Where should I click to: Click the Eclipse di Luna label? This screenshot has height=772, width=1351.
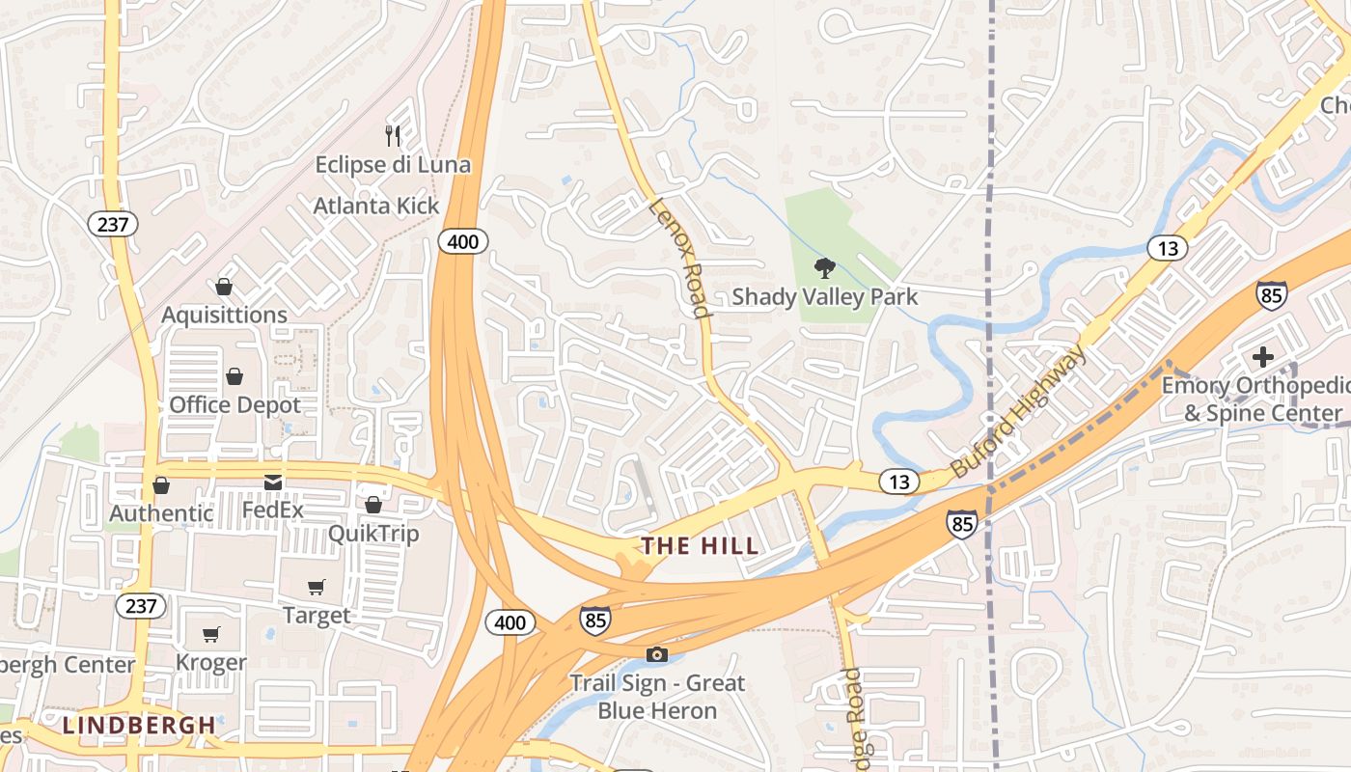[393, 164]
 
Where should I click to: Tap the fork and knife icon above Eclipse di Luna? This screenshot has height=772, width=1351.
[393, 135]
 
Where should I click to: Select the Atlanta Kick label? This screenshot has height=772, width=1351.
[376, 206]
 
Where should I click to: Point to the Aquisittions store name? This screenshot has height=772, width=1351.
[224, 315]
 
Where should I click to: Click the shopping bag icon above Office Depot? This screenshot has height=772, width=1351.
[234, 376]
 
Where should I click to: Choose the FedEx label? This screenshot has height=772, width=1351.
[273, 509]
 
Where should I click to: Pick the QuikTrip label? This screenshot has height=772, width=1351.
[373, 533]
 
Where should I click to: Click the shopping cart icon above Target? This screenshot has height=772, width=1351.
[317, 587]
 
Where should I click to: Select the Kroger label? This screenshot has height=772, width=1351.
[211, 662]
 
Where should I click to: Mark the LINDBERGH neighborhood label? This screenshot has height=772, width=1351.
[140, 725]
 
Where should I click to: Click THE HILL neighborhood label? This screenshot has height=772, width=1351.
[701, 546]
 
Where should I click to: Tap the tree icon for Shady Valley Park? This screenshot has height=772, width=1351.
[824, 267]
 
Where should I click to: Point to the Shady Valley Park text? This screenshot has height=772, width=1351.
[824, 296]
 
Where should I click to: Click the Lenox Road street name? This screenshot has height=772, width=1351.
[680, 257]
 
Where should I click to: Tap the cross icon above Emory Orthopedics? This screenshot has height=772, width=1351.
[1262, 357]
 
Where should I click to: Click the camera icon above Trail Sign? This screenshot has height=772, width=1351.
[656, 655]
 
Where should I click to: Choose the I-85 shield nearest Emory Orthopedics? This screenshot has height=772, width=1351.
[1271, 294]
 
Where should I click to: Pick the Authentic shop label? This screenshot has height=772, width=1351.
[161, 512]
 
